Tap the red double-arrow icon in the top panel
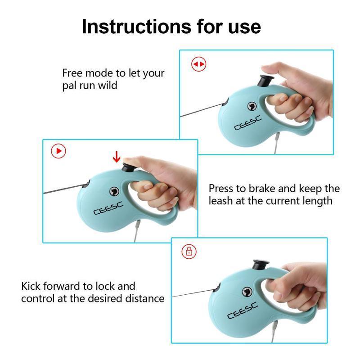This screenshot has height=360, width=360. [x=198, y=64]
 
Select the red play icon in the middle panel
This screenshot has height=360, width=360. [x=58, y=151]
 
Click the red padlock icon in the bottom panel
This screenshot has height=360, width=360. [x=189, y=251]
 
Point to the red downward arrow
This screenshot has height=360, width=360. [x=117, y=157]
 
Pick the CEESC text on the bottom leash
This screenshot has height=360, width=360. [x=243, y=310]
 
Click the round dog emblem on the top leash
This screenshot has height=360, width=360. [x=251, y=106]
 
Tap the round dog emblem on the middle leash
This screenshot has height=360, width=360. [x=112, y=192]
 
